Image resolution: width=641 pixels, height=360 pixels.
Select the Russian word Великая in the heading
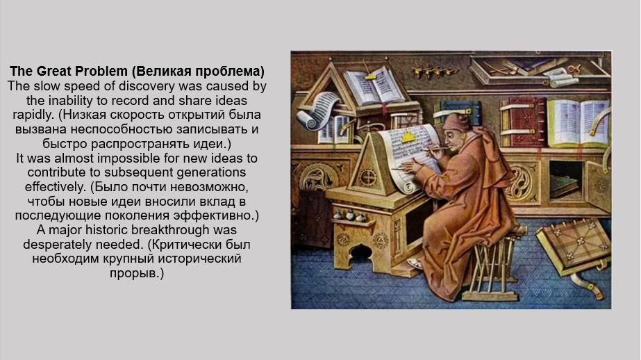tap(162, 72)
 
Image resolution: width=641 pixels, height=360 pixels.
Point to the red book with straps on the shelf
tap(523, 122)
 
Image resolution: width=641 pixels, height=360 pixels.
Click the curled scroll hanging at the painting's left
tap(316, 111)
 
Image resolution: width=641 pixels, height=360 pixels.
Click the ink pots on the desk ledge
tap(349, 215)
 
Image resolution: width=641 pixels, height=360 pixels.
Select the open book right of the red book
tap(578, 123)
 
